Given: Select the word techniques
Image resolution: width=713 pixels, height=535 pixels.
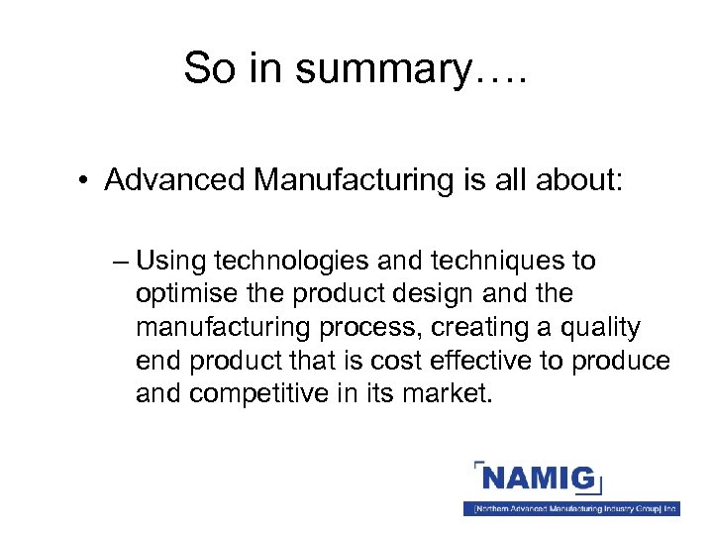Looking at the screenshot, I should coord(481,262).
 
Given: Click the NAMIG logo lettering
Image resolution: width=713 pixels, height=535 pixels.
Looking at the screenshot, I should coord(540,481).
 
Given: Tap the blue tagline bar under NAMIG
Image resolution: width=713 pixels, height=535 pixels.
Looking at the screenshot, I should coord(571,508).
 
